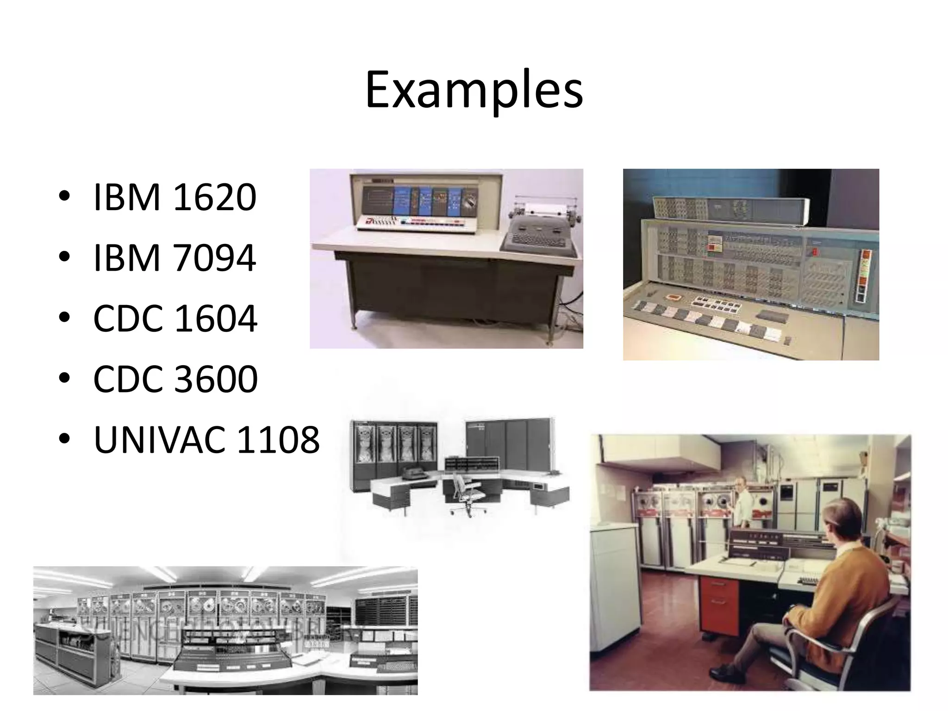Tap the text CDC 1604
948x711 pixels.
pyautogui.click(x=175, y=319)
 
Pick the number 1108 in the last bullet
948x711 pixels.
pyautogui.click(x=278, y=440)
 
